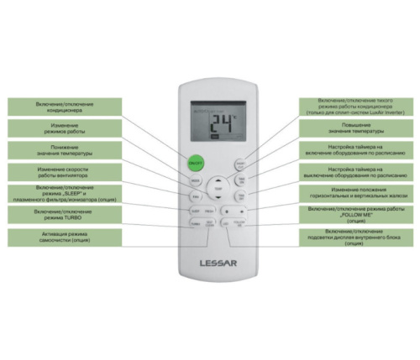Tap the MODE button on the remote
(195, 180)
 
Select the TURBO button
(195, 224)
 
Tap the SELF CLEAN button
(209, 224)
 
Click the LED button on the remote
(225, 224)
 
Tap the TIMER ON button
(240, 180)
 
